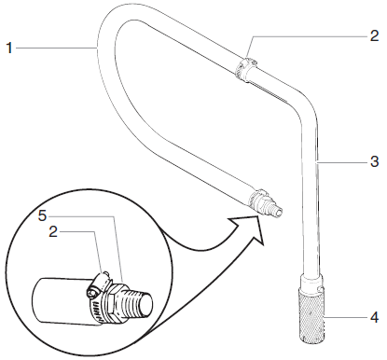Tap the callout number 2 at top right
coord(374,36)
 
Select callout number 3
coord(374,160)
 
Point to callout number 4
coord(374,318)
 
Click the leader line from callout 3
coord(340,160)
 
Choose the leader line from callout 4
coord(345,318)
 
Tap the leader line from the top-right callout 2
coord(308,37)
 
